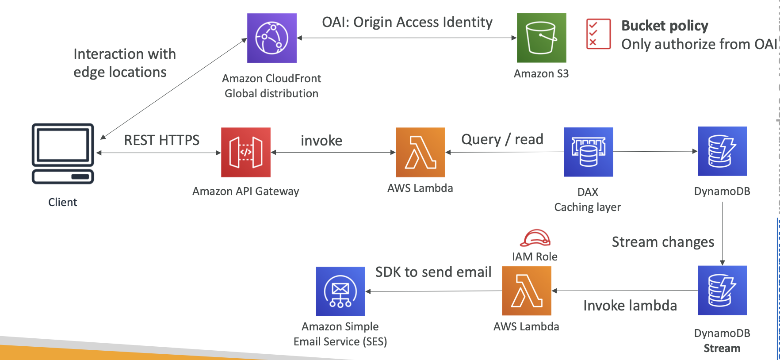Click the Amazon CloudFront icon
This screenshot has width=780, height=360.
point(271,38)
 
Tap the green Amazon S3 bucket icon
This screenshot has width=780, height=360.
point(541,38)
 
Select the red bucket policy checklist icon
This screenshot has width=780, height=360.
point(598,34)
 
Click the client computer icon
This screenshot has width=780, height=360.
point(63,153)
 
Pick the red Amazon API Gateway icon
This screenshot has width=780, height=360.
point(246,153)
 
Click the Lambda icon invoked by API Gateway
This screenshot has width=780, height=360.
point(420,153)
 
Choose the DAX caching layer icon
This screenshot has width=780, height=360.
point(588,152)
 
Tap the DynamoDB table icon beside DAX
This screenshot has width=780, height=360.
point(722,151)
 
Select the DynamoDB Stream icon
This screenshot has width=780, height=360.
point(722,291)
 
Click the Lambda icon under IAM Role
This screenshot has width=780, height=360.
point(526,291)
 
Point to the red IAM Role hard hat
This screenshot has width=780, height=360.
point(535,238)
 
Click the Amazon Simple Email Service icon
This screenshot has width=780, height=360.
point(340,291)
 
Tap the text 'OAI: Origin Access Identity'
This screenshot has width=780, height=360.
point(407,22)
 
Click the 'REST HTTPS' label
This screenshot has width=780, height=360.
point(161,140)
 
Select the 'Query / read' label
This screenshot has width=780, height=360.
point(502,139)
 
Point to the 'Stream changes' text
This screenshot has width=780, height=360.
point(663,242)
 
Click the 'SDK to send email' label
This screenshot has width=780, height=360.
point(433,272)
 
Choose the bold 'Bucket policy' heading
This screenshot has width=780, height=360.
point(665,26)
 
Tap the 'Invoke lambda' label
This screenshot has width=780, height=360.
point(630,306)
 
